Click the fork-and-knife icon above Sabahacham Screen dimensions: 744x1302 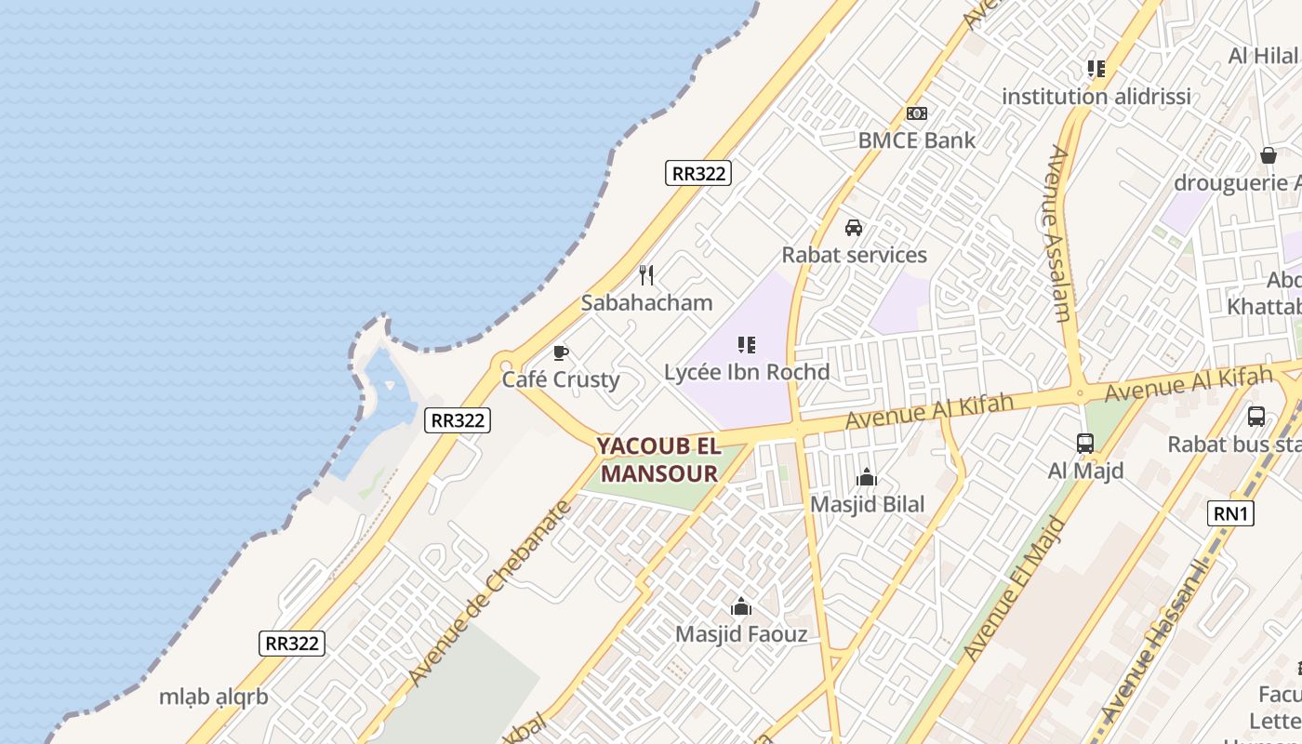(x=647, y=275)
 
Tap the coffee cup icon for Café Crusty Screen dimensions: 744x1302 (x=560, y=352)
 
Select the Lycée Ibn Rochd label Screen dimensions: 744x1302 (x=747, y=372)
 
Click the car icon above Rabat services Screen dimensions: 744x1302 (x=854, y=228)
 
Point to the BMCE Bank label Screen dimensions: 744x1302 (x=916, y=140)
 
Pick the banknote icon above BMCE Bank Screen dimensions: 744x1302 (x=917, y=113)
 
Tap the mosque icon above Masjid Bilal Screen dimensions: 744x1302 (x=867, y=478)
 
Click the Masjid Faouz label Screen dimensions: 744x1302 (x=741, y=634)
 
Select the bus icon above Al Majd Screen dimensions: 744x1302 (x=1085, y=444)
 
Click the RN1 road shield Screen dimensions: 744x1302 (x=1230, y=512)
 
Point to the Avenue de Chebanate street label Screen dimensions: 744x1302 (x=488, y=594)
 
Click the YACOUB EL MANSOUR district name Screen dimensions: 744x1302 (x=659, y=459)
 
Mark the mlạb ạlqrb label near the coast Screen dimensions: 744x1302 (x=213, y=697)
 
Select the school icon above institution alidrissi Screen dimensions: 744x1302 (x=1096, y=69)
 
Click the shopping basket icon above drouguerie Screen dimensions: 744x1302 (x=1268, y=155)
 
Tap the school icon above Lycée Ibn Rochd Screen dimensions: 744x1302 (x=746, y=346)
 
